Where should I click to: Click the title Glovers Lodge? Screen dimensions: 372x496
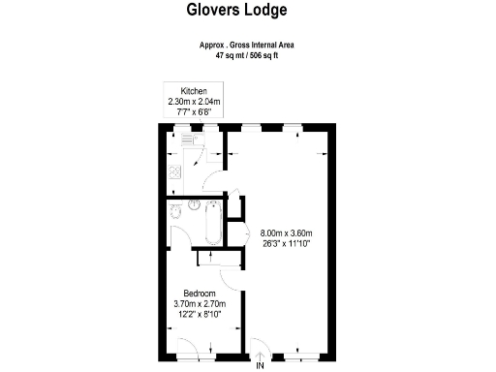point(236,13)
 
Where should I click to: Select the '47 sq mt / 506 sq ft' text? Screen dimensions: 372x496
point(246,56)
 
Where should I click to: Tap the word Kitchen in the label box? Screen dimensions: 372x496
point(194,90)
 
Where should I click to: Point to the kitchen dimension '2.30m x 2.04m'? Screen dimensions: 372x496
point(194,101)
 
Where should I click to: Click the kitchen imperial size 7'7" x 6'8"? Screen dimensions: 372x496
point(194,111)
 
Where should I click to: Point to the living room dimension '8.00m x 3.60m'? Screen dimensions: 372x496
point(286,233)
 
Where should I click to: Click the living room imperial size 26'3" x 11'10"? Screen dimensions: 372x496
point(286,244)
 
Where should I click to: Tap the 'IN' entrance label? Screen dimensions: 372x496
point(259,366)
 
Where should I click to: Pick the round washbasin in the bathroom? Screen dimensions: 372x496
point(194,204)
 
